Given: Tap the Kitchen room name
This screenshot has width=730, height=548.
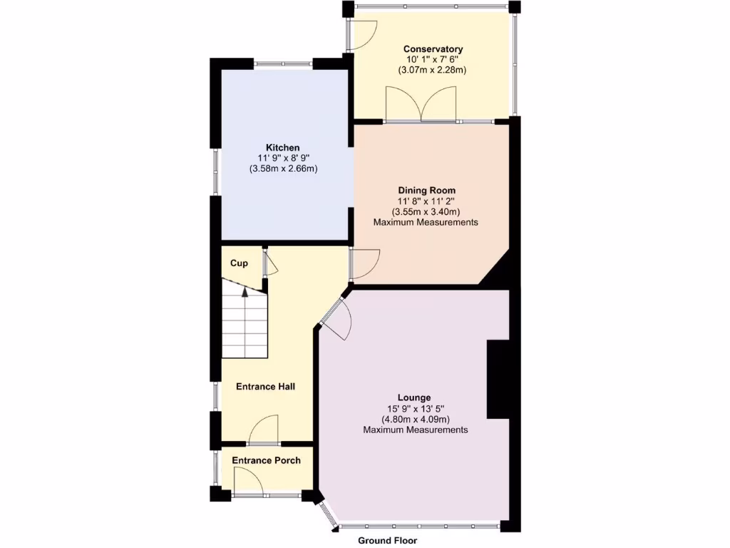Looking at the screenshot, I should click(283, 148).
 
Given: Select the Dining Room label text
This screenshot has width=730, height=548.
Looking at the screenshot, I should click(426, 191).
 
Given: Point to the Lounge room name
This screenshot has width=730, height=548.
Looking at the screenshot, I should click(414, 397).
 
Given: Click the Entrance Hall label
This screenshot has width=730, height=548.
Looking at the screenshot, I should click(265, 387).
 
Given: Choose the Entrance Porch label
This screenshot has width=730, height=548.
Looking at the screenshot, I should click(266, 460).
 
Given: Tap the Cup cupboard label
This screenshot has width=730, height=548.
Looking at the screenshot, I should click(239, 263).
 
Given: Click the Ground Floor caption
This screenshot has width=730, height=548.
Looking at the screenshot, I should click(387, 541).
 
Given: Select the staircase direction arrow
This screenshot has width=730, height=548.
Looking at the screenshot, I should click(245, 292).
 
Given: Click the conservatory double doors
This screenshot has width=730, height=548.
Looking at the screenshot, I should click(421, 106).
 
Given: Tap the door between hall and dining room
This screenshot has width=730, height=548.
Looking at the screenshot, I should click(364, 264).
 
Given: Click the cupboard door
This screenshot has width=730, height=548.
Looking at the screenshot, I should click(269, 263).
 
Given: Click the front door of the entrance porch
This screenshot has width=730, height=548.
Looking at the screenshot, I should click(249, 486).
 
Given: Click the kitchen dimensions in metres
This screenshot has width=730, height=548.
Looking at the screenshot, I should click(283, 169).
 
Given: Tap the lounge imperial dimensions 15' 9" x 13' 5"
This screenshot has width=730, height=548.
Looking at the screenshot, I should click(414, 409).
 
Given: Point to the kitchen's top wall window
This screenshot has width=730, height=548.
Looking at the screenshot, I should click(283, 64).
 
